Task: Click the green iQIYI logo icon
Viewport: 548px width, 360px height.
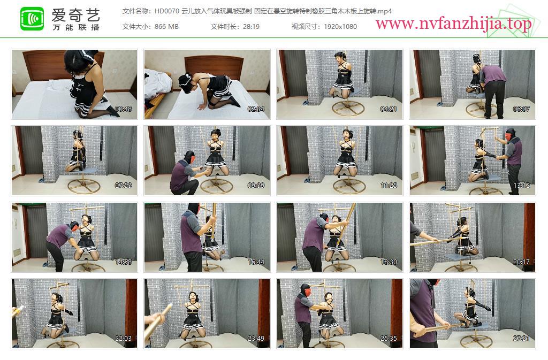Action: (x=32, y=19)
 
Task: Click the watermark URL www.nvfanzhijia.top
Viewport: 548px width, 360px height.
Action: (x=453, y=24)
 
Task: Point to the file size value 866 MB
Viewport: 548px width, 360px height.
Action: (x=166, y=27)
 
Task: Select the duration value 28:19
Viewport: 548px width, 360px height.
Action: (x=251, y=27)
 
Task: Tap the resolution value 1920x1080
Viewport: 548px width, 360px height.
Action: (x=340, y=27)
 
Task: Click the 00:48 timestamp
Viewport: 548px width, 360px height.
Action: (x=124, y=109)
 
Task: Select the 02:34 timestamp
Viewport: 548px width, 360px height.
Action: (x=256, y=109)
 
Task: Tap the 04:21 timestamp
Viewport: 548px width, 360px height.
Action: (x=389, y=109)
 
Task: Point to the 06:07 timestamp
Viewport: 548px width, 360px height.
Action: (x=521, y=109)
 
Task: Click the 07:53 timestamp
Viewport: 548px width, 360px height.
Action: (x=124, y=186)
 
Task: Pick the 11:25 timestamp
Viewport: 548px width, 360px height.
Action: (x=389, y=186)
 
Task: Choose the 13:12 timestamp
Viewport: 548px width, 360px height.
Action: (x=521, y=186)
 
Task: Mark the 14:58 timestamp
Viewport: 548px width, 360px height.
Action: (x=124, y=262)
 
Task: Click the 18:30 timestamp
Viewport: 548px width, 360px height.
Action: (x=389, y=262)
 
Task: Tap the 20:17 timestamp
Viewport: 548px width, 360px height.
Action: (x=521, y=262)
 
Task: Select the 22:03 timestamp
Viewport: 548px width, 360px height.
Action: (x=124, y=339)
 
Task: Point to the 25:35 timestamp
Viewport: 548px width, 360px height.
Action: (x=389, y=339)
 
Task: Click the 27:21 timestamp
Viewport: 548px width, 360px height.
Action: (x=521, y=339)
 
